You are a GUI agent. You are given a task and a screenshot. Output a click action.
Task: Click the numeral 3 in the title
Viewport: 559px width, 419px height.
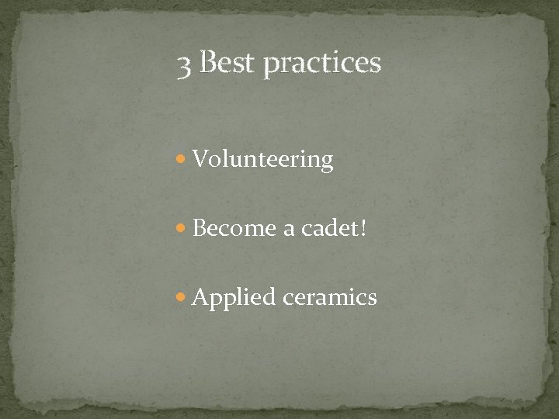click(x=183, y=67)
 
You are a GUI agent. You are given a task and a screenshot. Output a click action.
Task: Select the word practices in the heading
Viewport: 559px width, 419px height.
click(x=322, y=65)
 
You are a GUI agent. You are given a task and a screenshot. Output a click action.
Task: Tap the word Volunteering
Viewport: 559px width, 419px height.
click(x=263, y=161)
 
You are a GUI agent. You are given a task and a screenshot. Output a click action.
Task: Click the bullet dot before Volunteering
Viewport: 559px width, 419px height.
click(x=182, y=161)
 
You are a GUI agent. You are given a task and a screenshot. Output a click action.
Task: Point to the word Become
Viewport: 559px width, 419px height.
click(x=230, y=229)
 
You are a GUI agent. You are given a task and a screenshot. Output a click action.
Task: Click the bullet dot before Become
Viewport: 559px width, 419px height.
click(x=182, y=229)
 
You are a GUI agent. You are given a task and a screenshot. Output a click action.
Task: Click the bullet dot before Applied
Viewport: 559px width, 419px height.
click(x=182, y=297)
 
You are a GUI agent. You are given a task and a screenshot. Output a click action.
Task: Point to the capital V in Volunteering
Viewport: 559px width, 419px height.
click(x=200, y=159)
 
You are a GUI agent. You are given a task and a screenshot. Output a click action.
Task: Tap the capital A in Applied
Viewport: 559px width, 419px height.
click(x=200, y=296)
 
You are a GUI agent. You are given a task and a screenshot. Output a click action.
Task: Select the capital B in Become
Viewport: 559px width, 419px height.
click(x=199, y=228)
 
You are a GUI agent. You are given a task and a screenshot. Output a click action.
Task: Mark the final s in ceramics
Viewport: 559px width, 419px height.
click(x=372, y=299)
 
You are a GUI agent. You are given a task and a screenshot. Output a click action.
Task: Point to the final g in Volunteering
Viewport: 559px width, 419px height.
click(x=327, y=163)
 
